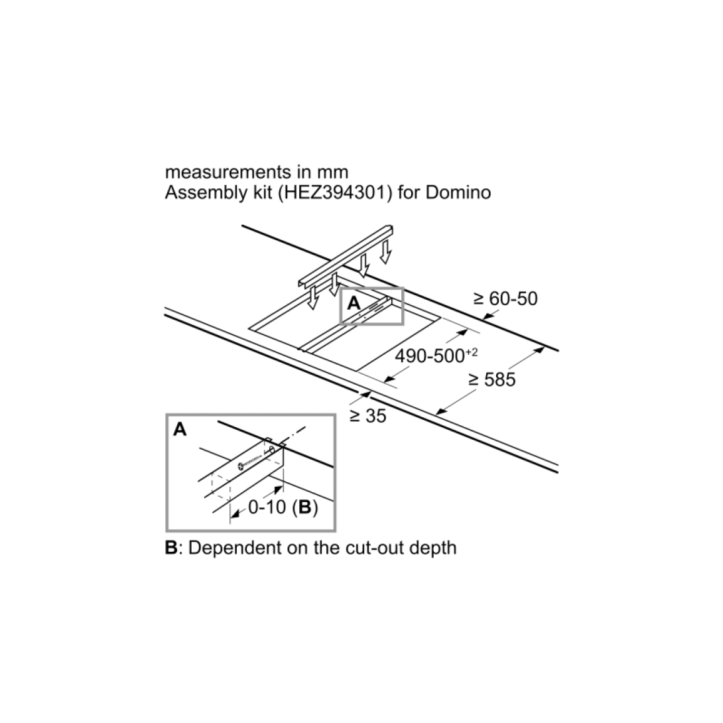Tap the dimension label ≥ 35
pos(368,417)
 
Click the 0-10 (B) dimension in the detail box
pos(283,508)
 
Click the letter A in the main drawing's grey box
pos(353,304)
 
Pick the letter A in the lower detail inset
pos(179,431)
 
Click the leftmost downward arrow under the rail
pos(309,302)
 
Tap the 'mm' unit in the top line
pos(332,173)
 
